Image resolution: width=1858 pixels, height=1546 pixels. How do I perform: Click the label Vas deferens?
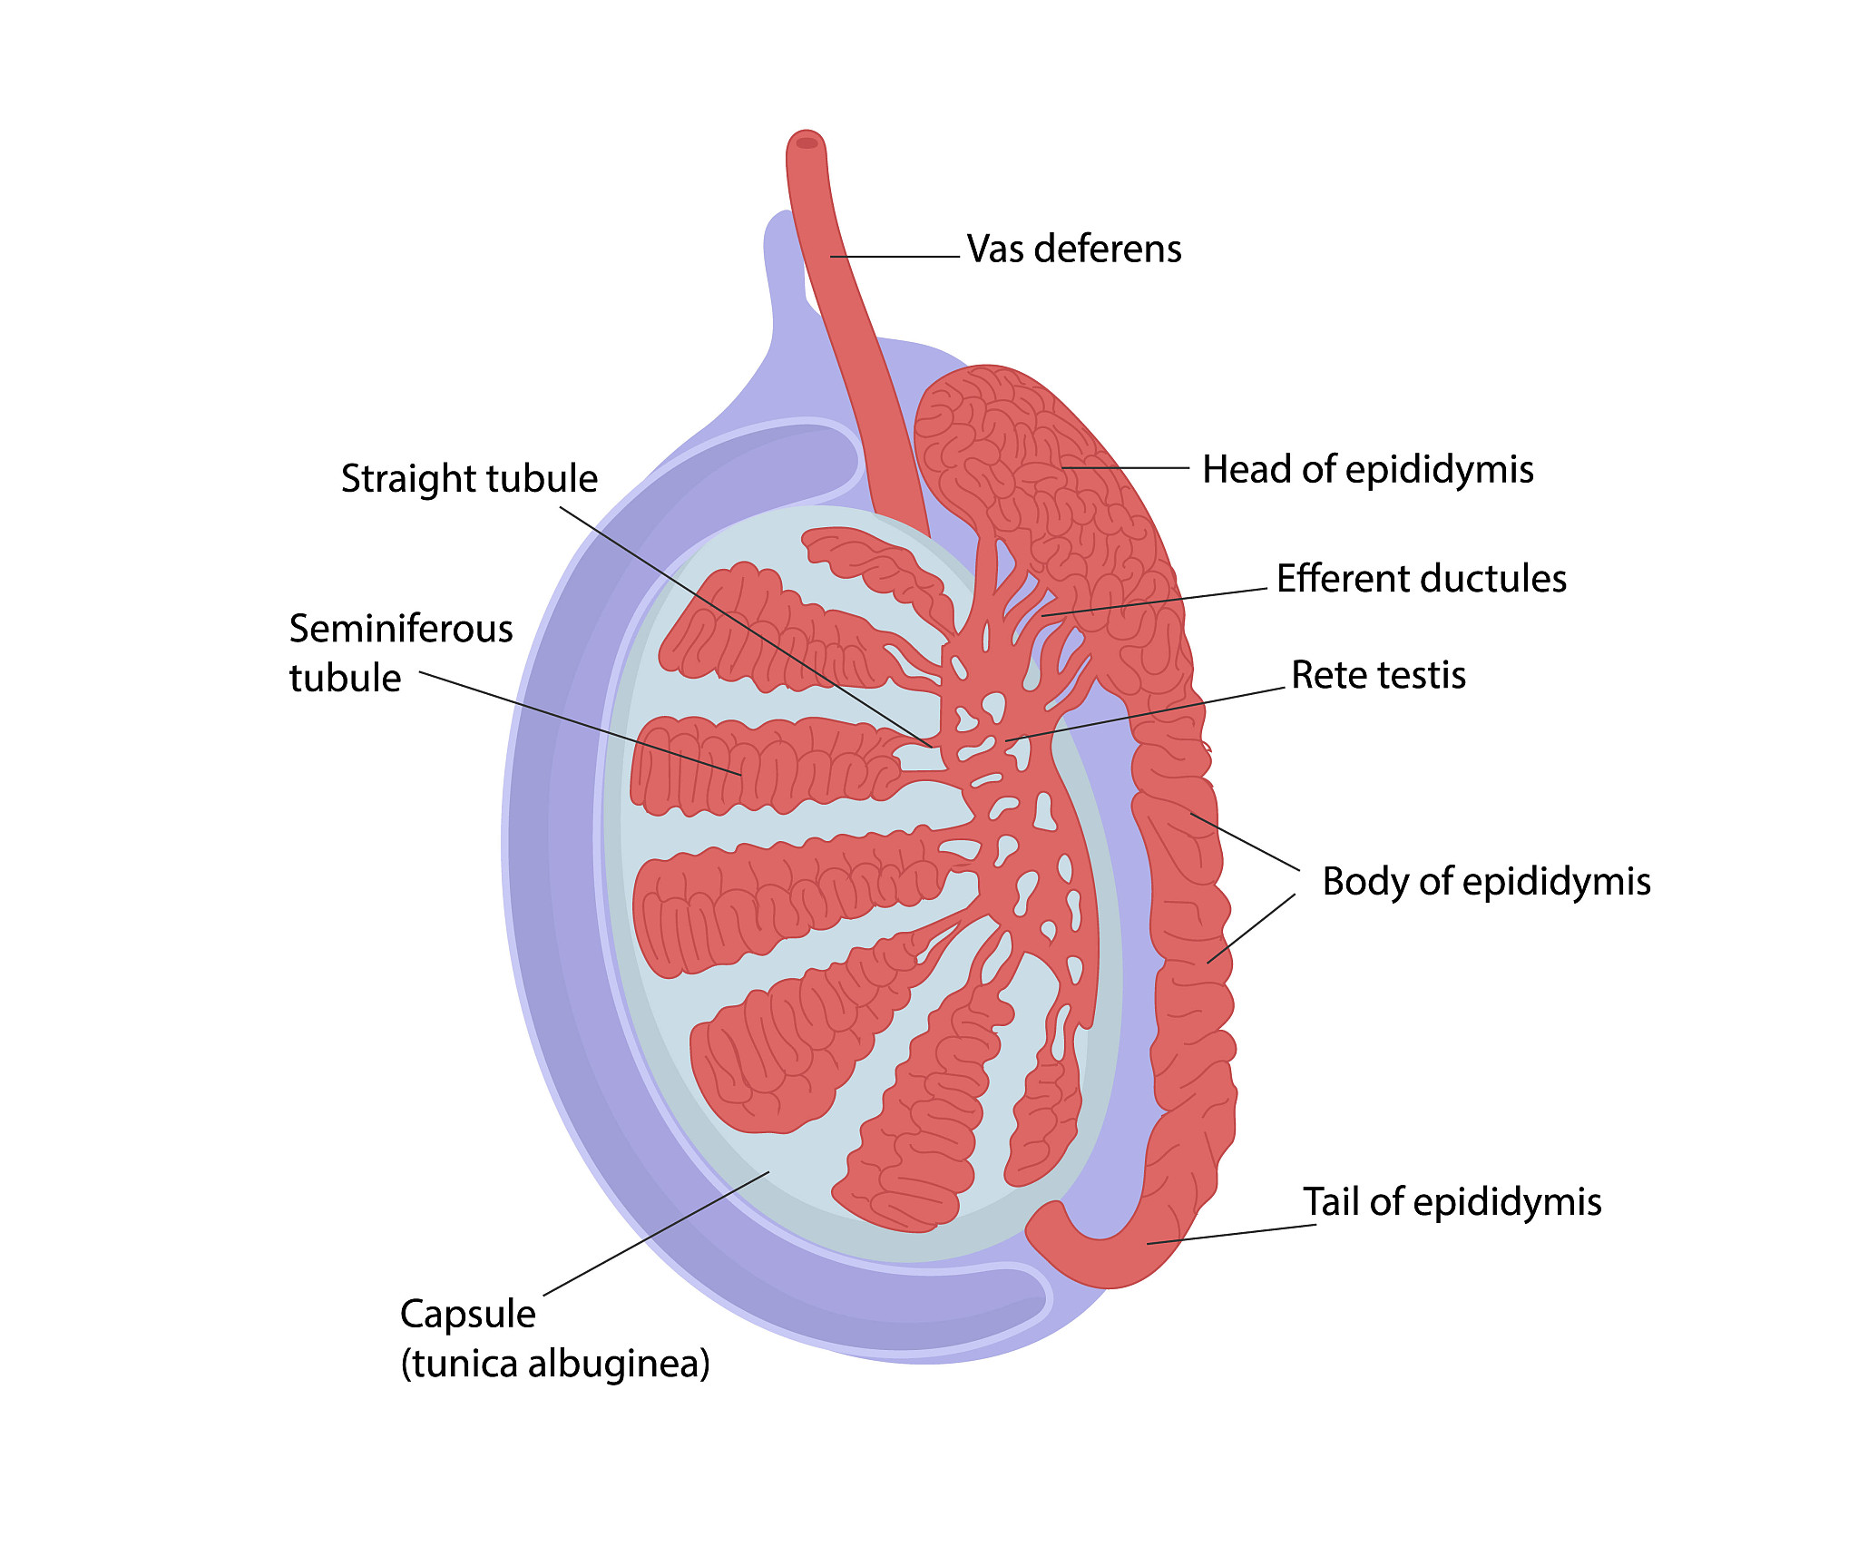(x=1073, y=249)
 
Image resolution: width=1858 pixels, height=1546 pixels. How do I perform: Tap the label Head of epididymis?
(x=1367, y=470)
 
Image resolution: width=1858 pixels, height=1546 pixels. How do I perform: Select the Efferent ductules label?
(x=1421, y=579)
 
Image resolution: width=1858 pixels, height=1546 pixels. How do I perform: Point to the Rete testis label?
(x=1378, y=675)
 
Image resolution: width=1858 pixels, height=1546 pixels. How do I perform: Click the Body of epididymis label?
(x=1486, y=882)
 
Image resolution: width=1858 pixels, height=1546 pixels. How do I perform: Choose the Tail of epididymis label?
(x=1452, y=1202)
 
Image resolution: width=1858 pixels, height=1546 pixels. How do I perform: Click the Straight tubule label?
(x=469, y=479)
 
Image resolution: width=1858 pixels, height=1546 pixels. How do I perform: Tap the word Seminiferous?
(x=401, y=629)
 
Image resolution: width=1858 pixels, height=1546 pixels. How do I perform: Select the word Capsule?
(x=468, y=1314)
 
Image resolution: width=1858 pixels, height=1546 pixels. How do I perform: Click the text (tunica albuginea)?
(x=555, y=1364)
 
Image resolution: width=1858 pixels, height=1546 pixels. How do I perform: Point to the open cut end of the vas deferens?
(x=807, y=142)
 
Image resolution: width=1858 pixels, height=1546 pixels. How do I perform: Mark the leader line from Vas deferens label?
(x=894, y=257)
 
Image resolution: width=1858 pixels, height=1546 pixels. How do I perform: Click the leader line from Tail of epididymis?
(x=1231, y=1234)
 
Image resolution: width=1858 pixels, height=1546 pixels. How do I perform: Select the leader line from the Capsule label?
(x=655, y=1234)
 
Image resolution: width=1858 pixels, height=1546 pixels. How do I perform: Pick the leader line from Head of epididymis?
(x=1125, y=468)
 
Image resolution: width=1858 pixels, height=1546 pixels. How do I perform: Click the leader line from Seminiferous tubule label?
(x=581, y=723)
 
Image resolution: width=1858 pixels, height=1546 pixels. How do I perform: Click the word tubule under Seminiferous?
(x=345, y=679)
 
